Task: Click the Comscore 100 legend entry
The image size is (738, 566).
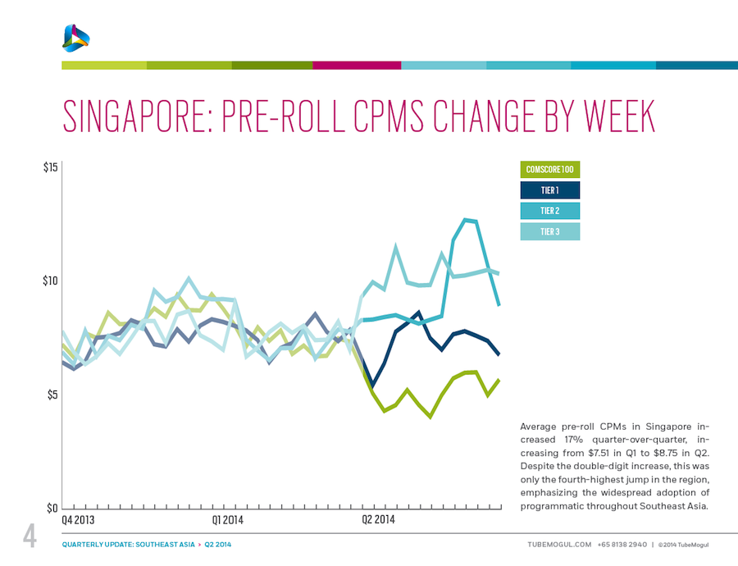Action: click(x=549, y=170)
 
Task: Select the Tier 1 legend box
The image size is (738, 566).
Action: click(x=549, y=190)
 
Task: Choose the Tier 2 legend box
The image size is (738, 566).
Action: click(x=549, y=211)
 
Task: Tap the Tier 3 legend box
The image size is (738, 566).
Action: click(x=549, y=231)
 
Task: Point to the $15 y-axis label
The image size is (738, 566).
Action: click(x=50, y=168)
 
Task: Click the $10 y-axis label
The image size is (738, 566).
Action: click(x=50, y=281)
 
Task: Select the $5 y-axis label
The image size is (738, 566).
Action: click(x=52, y=395)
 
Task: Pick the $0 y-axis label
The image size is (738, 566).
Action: click(x=52, y=509)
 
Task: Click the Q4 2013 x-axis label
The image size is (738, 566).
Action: click(x=78, y=520)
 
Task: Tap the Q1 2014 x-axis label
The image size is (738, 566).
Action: click(x=228, y=520)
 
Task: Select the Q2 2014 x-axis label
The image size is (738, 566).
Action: click(x=379, y=520)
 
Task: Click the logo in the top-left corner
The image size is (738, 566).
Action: click(x=75, y=37)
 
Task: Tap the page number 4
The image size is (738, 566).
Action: click(x=30, y=537)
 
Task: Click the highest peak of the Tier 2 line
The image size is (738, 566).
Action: click(x=466, y=219)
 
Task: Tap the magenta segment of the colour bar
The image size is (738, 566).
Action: click(x=357, y=65)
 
